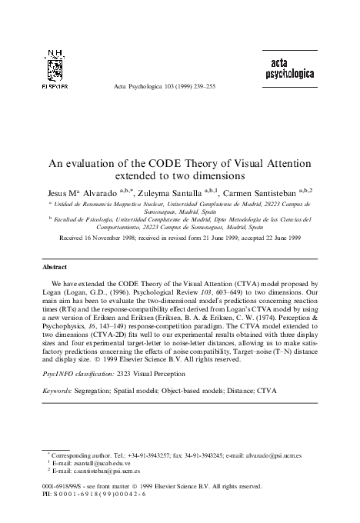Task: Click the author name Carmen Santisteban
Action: click(272, 188)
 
